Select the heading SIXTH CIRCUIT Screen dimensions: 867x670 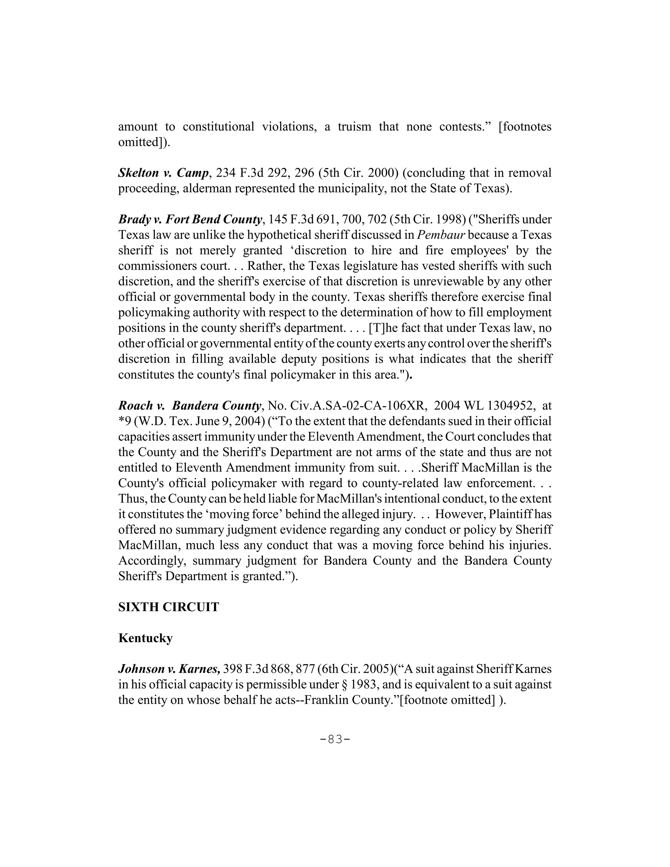(x=168, y=607)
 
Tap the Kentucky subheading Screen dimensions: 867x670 (x=145, y=638)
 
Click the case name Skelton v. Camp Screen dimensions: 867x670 (x=163, y=173)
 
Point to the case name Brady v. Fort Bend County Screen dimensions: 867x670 (x=190, y=219)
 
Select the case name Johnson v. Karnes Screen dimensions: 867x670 (x=169, y=669)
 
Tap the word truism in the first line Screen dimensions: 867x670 (x=354, y=127)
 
